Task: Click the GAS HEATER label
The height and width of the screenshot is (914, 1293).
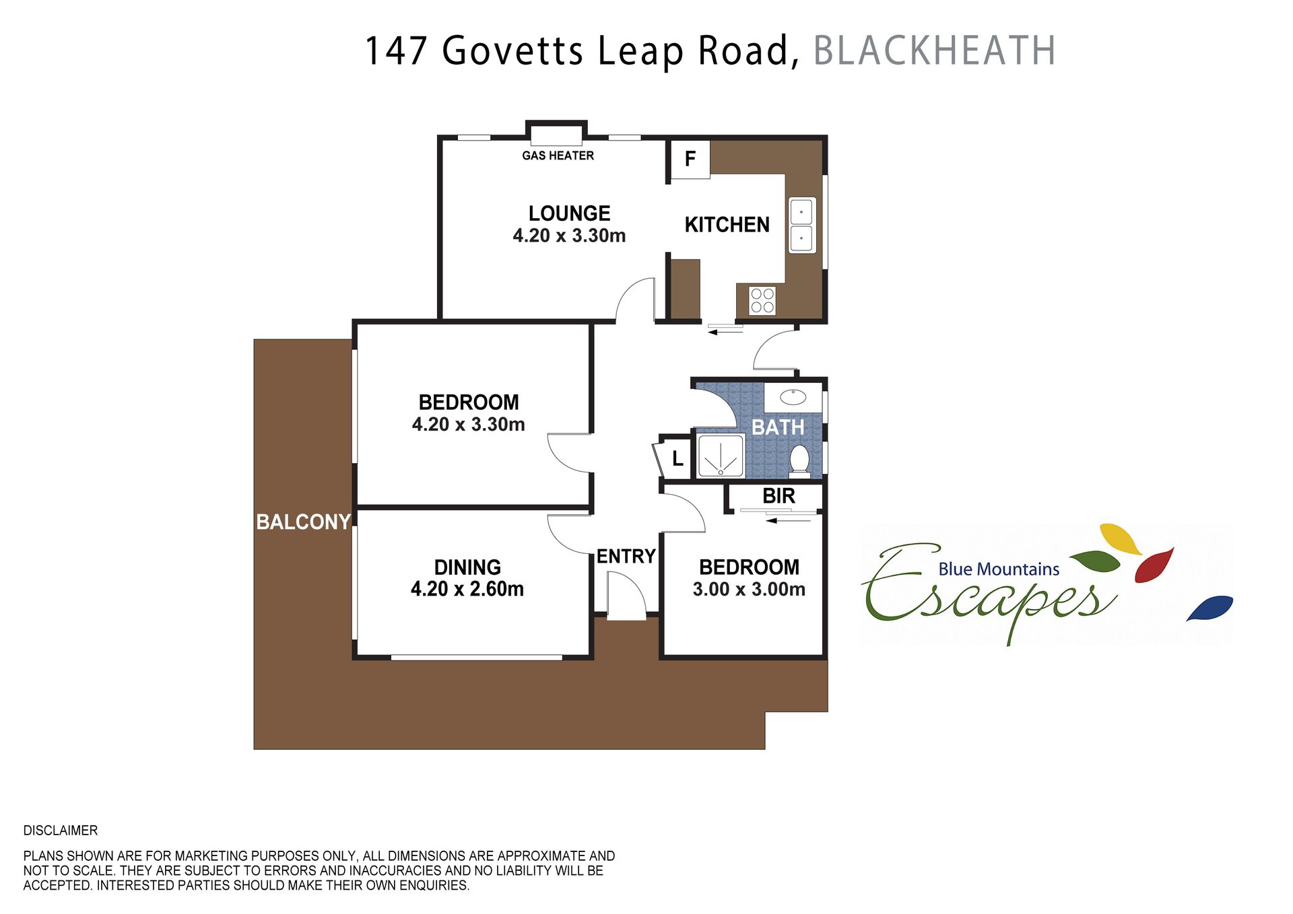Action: [x=558, y=155]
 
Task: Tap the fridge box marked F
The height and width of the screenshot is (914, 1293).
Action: [x=690, y=159]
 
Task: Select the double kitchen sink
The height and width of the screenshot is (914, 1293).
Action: [x=801, y=225]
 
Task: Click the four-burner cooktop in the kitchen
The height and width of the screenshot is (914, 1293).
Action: [x=762, y=301]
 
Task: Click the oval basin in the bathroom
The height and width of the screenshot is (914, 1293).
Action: [x=793, y=397]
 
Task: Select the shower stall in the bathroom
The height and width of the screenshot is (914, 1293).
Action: [x=721, y=456]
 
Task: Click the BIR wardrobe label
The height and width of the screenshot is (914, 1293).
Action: [x=778, y=496]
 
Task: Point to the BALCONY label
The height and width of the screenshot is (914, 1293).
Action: [x=303, y=522]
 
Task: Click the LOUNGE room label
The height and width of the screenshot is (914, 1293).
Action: [x=569, y=213]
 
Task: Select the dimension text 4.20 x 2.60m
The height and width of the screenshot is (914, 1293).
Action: [x=467, y=589]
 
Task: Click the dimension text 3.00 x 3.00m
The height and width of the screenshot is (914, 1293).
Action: [x=749, y=590]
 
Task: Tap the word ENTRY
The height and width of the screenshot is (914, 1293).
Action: [x=626, y=557]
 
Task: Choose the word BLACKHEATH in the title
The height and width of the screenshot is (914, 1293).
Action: [x=934, y=50]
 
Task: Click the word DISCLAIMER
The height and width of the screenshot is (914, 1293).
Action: [x=61, y=831]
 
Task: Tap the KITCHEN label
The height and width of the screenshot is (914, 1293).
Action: [x=727, y=225]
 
